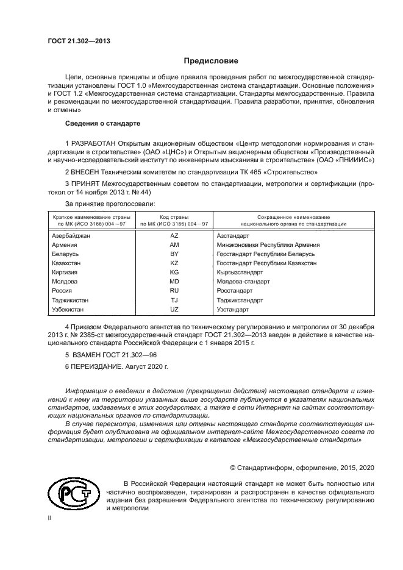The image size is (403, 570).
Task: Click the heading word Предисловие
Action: tap(212, 61)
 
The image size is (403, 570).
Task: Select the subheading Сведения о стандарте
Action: tap(94, 124)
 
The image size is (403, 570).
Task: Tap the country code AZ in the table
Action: tap(174, 235)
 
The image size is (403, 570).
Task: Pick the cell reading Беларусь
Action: tap(65, 254)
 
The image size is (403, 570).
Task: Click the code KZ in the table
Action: tap(174, 263)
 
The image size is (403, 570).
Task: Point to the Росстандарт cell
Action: tap(235, 291)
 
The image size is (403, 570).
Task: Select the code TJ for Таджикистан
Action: tap(174, 301)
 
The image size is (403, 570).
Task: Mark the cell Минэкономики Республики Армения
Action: tap(268, 244)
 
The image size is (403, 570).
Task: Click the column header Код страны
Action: tap(174, 217)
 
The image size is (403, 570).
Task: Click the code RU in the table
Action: tap(174, 291)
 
